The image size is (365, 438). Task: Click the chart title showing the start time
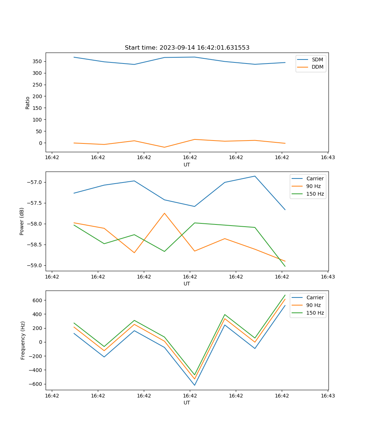pyautogui.click(x=187, y=48)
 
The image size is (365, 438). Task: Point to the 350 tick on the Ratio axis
pyautogui.click(x=38, y=61)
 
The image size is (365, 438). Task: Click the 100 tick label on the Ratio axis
pyautogui.click(x=38, y=120)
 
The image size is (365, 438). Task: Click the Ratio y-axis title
pyautogui.click(x=28, y=103)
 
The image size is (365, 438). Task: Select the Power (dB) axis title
pyautogui.click(x=22, y=221)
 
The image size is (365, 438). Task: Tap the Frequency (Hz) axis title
pyautogui.click(x=23, y=340)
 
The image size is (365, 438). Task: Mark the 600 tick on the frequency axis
pyautogui.click(x=38, y=300)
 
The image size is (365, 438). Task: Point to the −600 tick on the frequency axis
pyautogui.click(x=37, y=384)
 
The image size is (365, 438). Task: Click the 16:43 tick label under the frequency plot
pyautogui.click(x=327, y=396)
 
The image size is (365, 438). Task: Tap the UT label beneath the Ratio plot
pyautogui.click(x=187, y=165)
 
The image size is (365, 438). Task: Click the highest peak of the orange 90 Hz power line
pyautogui.click(x=164, y=213)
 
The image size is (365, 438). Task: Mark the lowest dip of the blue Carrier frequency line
pyautogui.click(x=195, y=385)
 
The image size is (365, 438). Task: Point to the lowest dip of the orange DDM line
pyautogui.click(x=164, y=147)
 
